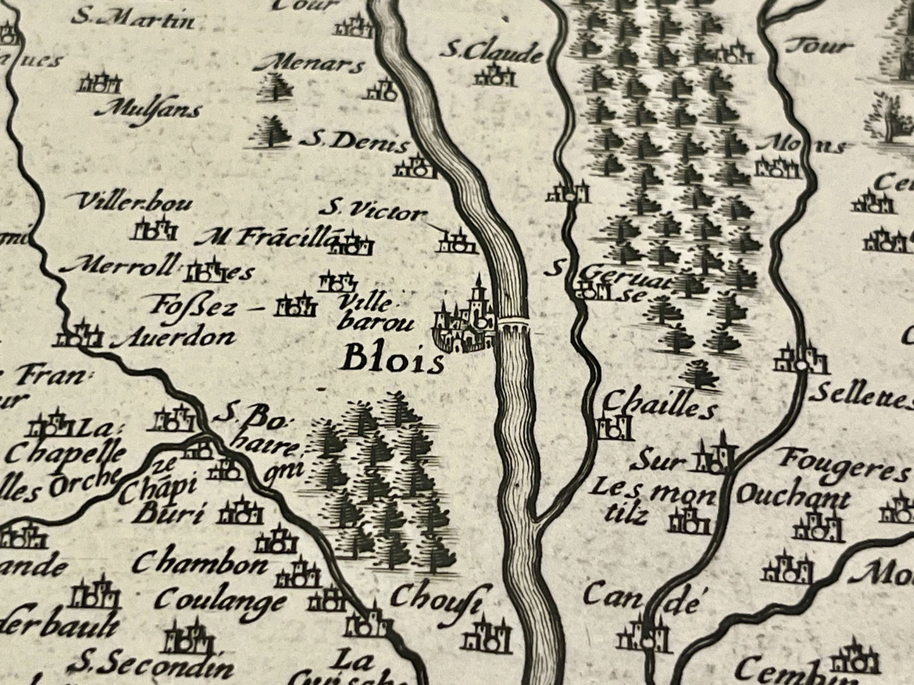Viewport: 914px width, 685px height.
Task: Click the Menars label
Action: coord(321,64)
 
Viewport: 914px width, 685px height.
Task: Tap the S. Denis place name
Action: coord(354,142)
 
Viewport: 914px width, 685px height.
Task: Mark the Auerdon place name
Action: coord(173,339)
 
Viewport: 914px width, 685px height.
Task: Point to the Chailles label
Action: coord(660,404)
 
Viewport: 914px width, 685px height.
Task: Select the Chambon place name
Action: coord(200,562)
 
